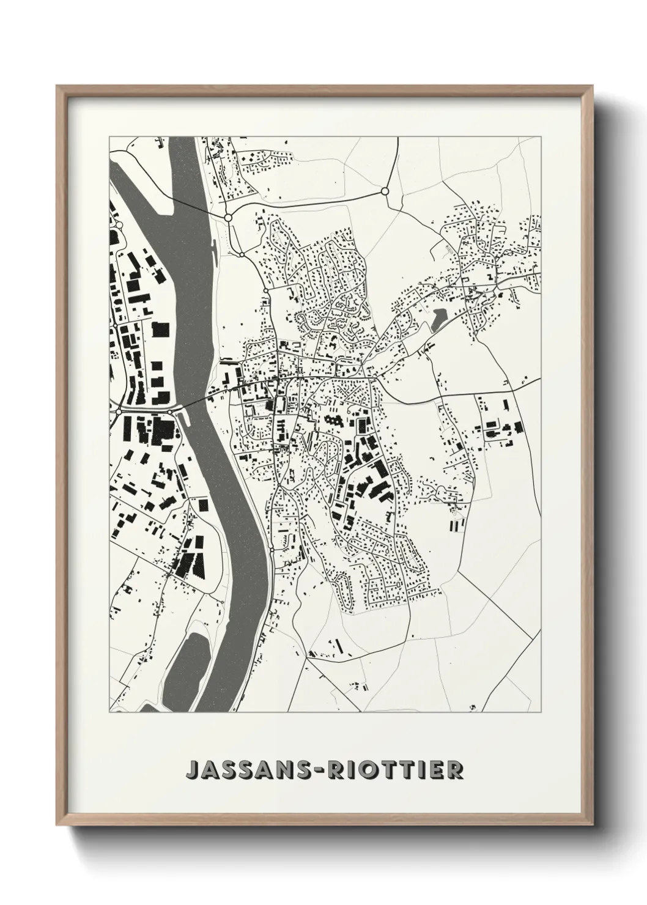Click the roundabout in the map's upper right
(385, 191)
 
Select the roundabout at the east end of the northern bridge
(227, 217)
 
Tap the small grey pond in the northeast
(438, 319)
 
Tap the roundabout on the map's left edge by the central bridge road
(117, 412)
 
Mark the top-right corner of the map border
(541, 136)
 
